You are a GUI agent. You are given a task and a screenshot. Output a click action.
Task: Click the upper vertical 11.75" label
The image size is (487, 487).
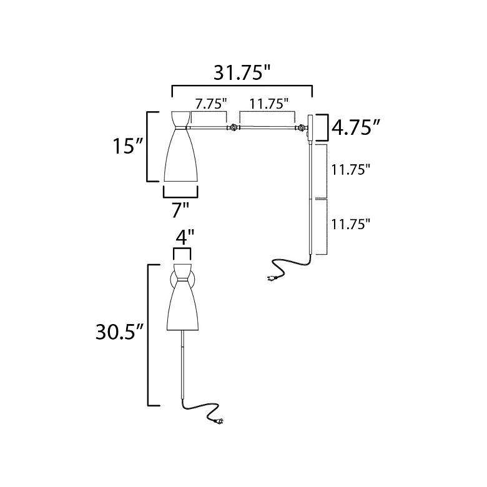[x=351, y=169]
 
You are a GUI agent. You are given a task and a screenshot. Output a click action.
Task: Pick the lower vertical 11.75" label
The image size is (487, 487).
[x=351, y=224]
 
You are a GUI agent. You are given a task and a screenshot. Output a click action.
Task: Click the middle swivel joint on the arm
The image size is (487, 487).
[x=234, y=129]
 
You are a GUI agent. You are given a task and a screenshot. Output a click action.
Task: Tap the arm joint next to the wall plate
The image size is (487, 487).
[x=302, y=129]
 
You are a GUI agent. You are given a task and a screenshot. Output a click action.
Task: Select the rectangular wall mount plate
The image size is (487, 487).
[x=310, y=129]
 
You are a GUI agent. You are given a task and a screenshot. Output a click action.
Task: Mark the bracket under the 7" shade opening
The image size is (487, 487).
[x=181, y=192]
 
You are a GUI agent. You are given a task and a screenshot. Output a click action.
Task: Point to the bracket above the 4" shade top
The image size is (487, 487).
[x=182, y=252]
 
